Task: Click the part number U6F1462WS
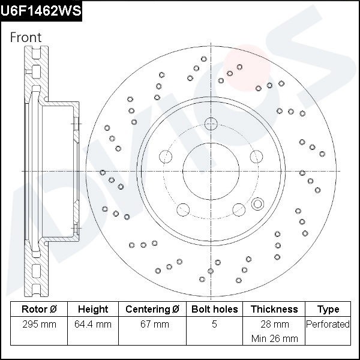point(41,11)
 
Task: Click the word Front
point(26,37)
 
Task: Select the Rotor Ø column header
point(38,309)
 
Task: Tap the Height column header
point(93,309)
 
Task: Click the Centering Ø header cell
point(152,309)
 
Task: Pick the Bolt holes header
point(214,309)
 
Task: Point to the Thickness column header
point(274,309)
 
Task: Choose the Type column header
point(328,309)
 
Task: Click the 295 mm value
point(38,325)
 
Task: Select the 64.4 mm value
point(93,325)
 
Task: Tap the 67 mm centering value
point(152,325)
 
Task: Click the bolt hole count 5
point(214,325)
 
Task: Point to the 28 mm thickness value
point(274,325)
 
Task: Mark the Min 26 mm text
point(274,338)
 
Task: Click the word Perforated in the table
point(328,325)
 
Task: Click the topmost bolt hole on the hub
point(211,124)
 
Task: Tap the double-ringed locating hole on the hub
point(258,203)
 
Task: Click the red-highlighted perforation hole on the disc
point(239,67)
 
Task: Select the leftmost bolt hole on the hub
point(166,158)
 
